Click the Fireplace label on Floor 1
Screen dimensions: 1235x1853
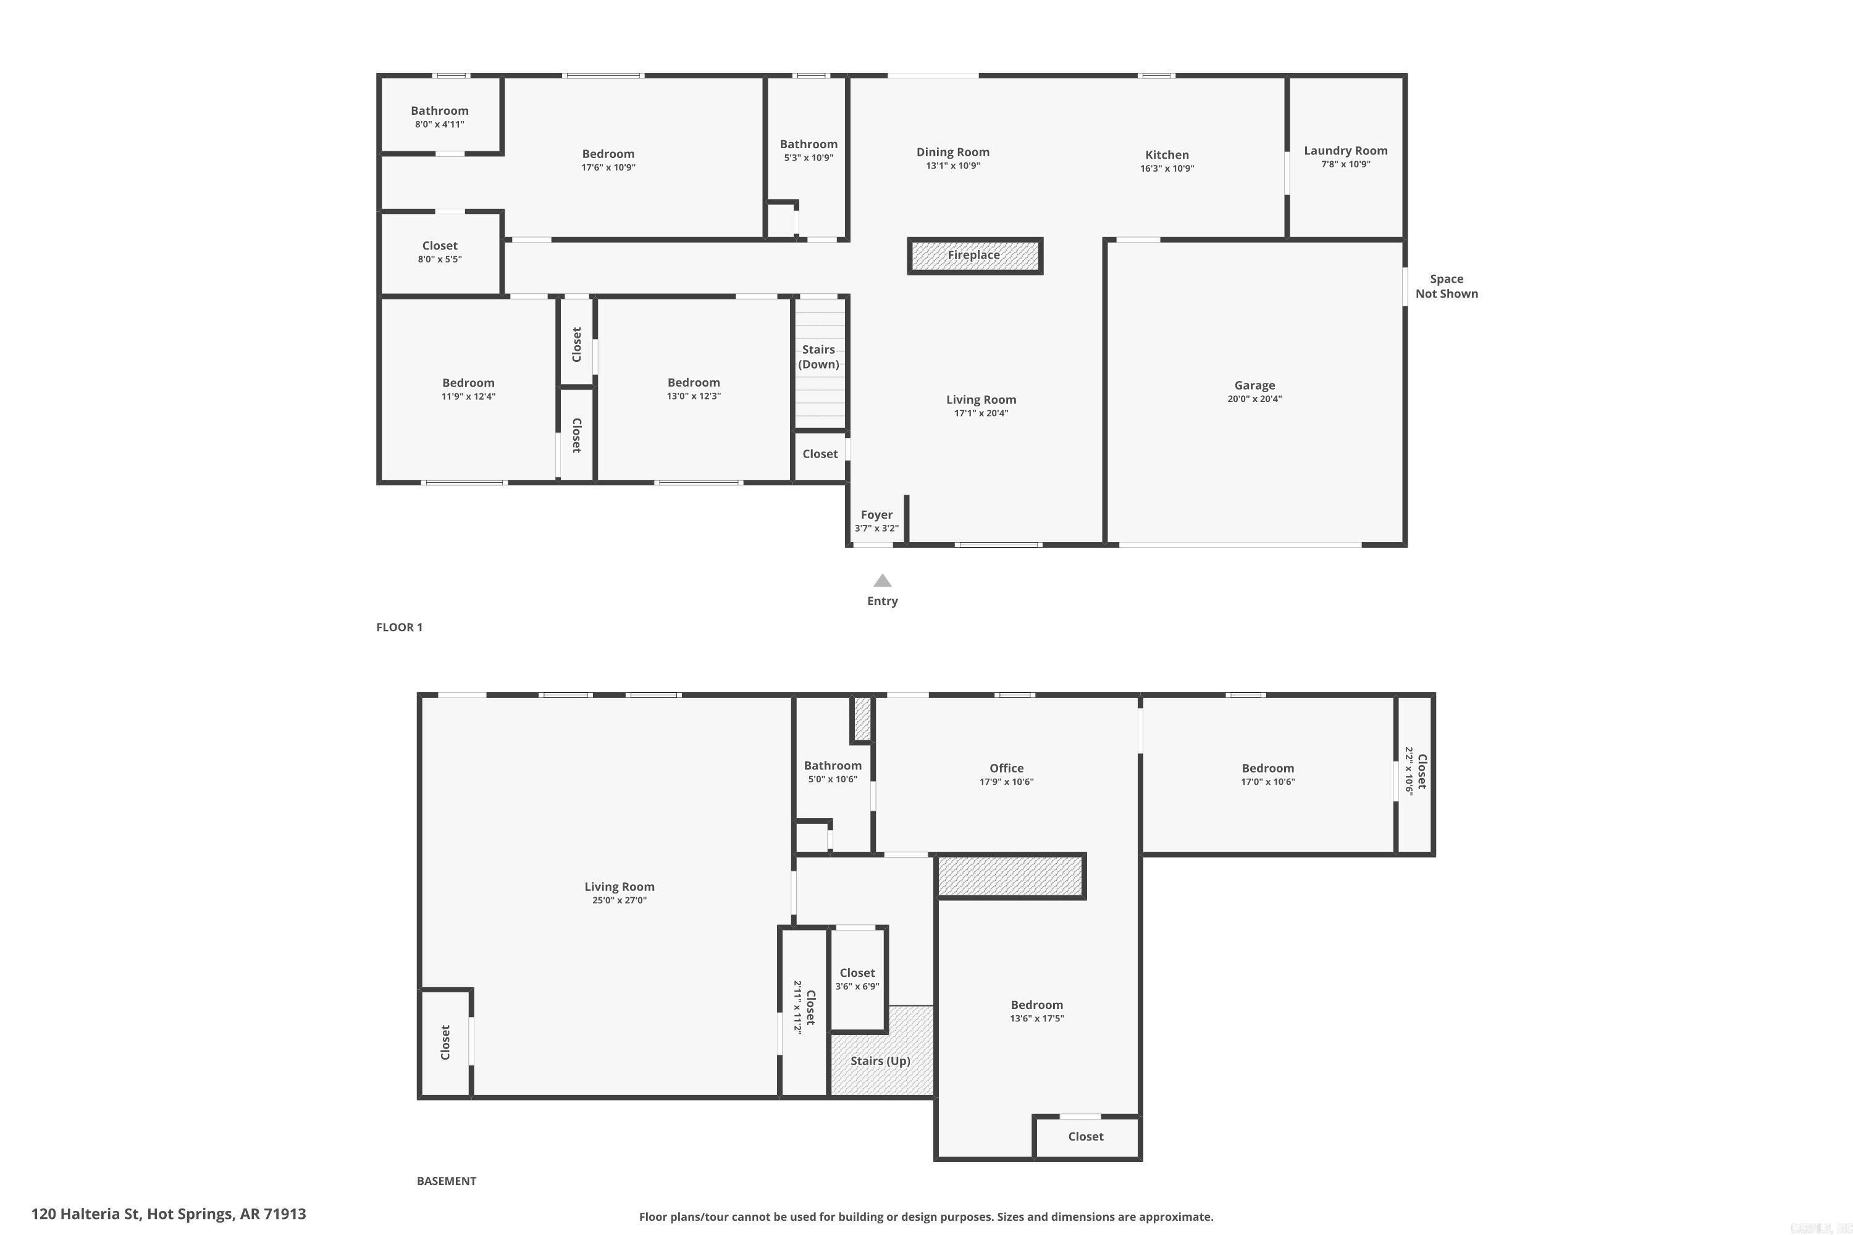tap(974, 255)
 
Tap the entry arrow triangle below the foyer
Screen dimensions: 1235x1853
tap(883, 581)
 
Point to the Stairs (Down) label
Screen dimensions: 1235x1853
tap(818, 357)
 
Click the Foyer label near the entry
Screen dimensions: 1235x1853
tap(876, 514)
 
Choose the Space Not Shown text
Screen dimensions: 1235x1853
tap(1447, 286)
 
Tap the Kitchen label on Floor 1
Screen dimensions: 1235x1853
tap(1167, 155)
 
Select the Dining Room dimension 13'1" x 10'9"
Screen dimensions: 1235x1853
tap(952, 166)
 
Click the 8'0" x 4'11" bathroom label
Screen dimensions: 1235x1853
tap(440, 125)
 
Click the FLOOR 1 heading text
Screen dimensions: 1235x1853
tap(400, 627)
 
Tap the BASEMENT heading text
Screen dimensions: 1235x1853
tap(446, 1181)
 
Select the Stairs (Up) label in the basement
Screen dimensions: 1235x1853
tap(880, 1061)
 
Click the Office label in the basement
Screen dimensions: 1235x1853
tap(1006, 768)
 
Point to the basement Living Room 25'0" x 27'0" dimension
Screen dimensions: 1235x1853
tap(620, 900)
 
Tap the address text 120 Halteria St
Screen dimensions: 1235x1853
tap(169, 1214)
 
